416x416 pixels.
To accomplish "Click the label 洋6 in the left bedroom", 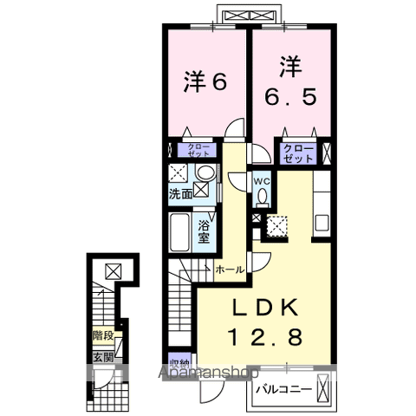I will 205,82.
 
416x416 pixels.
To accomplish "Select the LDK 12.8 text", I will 265,322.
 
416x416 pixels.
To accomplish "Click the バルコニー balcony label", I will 284,390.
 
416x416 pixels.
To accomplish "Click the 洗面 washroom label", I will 180,196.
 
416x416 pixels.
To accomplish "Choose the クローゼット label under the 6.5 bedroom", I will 297,154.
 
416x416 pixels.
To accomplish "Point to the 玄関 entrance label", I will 104,356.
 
